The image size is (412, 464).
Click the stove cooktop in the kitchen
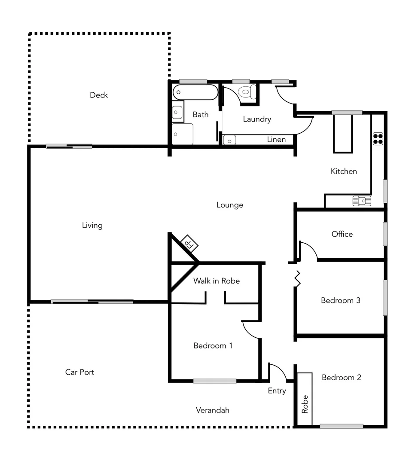(378, 138)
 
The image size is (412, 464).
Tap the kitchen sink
(362, 201)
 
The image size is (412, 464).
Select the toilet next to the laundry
(248, 92)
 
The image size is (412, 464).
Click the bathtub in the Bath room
(195, 92)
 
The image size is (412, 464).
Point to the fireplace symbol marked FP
(189, 244)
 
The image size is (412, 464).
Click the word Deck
(99, 95)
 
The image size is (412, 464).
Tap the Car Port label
(79, 372)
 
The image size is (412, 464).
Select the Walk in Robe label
(216, 281)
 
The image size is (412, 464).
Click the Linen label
(276, 140)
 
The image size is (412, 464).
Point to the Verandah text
(212, 410)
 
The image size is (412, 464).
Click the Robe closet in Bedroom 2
(305, 399)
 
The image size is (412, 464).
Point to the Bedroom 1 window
(214, 381)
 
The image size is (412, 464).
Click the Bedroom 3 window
(385, 297)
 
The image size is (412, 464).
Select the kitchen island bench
(343, 133)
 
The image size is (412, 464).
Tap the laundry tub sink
(230, 140)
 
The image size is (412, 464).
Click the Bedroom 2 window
(342, 426)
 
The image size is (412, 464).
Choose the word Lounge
(230, 205)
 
